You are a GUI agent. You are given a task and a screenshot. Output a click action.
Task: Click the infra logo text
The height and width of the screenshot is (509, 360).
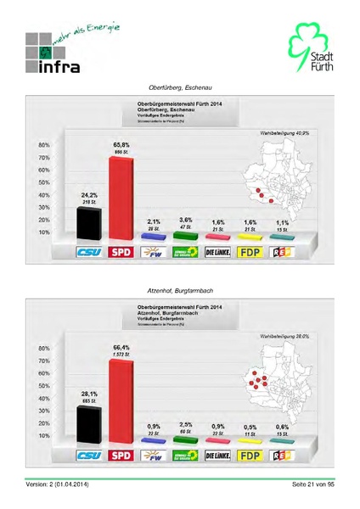(59, 65)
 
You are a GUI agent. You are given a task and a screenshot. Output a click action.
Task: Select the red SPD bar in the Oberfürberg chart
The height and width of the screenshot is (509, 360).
(121, 197)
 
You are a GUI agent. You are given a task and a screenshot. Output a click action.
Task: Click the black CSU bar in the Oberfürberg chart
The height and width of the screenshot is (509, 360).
(88, 223)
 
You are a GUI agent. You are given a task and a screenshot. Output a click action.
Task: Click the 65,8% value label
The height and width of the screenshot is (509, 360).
(121, 145)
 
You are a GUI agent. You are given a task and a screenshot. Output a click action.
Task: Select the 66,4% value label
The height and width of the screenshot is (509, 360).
(121, 348)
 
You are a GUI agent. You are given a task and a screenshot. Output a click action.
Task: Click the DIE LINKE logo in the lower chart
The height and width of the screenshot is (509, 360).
(218, 456)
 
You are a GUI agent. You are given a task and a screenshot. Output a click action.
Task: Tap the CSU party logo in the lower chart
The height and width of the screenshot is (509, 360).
(90, 456)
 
